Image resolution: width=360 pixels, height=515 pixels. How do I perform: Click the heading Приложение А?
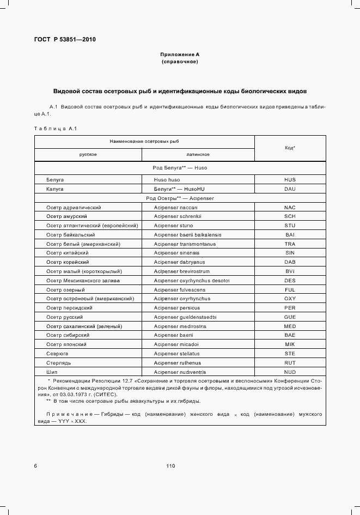[x=180, y=54]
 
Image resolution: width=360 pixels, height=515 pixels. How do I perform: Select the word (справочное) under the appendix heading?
[x=180, y=62]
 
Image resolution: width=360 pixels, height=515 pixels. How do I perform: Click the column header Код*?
[x=290, y=148]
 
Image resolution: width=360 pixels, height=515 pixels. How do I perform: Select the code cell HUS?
[x=290, y=179]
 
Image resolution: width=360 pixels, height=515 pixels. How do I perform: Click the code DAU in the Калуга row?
[x=290, y=189]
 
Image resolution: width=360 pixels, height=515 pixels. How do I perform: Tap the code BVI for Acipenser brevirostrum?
[x=290, y=271]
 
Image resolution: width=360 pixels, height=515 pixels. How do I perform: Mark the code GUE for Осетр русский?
[x=290, y=317]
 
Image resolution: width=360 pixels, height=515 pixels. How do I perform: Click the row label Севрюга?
[x=57, y=353]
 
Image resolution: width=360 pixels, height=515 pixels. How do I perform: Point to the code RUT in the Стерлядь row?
[x=290, y=362]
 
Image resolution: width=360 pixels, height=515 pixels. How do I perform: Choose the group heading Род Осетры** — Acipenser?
[x=180, y=198]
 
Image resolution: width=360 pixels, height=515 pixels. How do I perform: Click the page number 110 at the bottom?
[x=170, y=465]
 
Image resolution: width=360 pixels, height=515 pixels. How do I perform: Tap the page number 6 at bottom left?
[x=35, y=465]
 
